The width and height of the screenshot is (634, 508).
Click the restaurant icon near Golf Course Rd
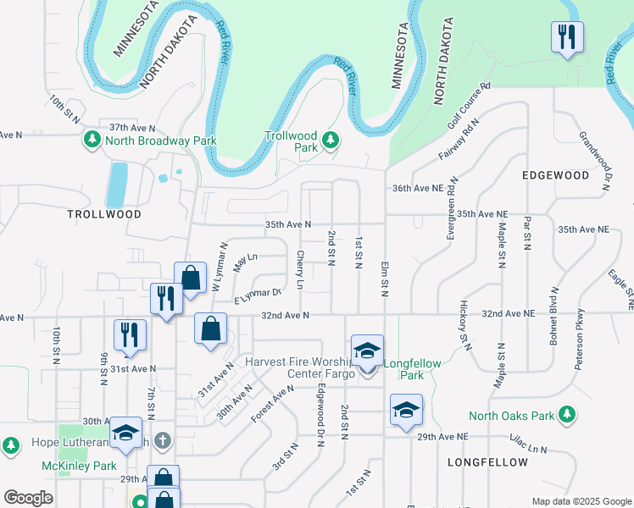coord(565,37)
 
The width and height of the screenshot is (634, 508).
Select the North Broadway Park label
coord(160,141)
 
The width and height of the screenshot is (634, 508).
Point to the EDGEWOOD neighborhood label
coord(555,175)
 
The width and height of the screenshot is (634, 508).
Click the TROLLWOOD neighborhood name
coord(104,214)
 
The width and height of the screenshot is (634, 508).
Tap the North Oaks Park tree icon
coord(571,416)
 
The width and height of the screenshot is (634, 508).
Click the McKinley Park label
coord(79,466)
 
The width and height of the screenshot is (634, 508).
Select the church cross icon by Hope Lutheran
coord(164,441)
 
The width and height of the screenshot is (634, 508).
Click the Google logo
coord(28,497)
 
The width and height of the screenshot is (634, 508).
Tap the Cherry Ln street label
coord(300,268)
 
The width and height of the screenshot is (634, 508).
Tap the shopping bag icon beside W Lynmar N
coord(191,277)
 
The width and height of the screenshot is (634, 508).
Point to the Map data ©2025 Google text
coord(581,500)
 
